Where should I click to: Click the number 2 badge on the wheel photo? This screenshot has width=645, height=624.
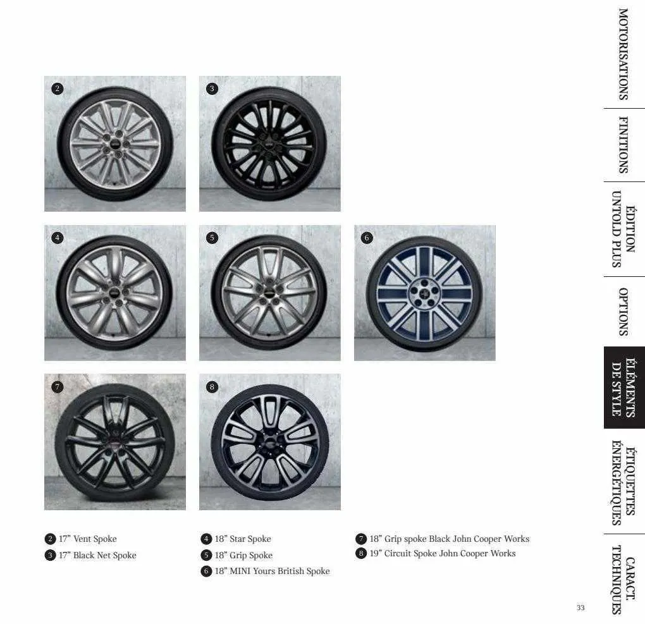point(57,89)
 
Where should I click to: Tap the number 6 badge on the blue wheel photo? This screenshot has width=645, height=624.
point(367,238)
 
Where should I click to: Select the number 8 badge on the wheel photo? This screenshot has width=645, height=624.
point(212,387)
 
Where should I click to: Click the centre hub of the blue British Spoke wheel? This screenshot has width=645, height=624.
point(424,293)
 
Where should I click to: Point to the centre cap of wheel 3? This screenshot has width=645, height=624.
point(269,145)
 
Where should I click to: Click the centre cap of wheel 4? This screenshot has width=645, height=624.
point(114,293)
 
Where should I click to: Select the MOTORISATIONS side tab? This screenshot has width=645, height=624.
point(623,54)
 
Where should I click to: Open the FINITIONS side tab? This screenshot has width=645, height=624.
point(623,145)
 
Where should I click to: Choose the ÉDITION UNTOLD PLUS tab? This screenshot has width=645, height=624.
point(623,229)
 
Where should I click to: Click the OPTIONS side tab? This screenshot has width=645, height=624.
point(623,312)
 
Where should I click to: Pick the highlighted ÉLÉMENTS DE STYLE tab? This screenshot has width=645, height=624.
point(624,388)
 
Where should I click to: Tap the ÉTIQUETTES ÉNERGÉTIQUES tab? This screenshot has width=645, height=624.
point(623,482)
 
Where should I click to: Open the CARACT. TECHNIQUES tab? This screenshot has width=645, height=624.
point(623,580)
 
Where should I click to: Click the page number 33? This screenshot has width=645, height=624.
point(580,608)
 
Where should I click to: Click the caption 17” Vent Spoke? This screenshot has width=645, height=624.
point(88,539)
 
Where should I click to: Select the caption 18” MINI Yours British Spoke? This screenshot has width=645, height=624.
point(272,571)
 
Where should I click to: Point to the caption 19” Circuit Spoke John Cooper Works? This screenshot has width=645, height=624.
point(442,553)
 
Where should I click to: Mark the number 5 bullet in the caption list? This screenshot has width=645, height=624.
point(206,555)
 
